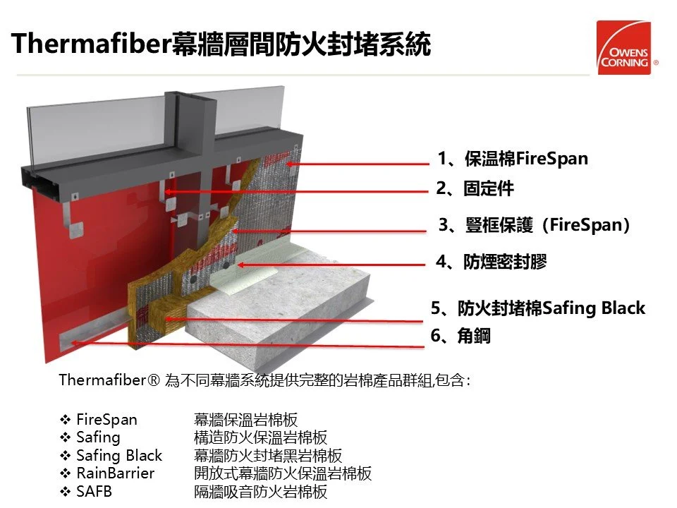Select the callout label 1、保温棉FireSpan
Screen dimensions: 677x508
point(512,159)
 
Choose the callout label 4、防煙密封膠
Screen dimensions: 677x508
point(491,262)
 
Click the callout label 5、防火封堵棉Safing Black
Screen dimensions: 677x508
point(537,308)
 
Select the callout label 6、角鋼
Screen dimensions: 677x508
point(461,337)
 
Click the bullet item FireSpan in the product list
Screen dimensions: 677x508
point(106,420)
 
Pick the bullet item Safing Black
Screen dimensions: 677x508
point(118,456)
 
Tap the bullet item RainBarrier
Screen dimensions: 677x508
point(115,473)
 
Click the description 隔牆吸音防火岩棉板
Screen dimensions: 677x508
point(261,492)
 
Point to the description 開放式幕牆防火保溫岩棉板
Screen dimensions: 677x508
point(283,473)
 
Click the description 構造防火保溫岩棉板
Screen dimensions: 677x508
point(261,437)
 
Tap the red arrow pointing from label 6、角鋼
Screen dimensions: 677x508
point(247,344)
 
